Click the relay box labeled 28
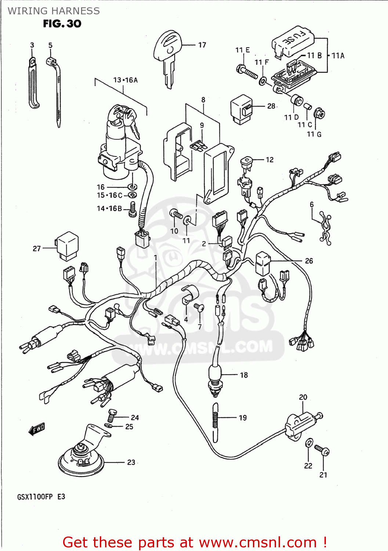pos(241,108)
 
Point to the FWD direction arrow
pos(37,429)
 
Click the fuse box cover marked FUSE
pos(293,41)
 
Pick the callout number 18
pos(244,375)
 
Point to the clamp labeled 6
pos(325,228)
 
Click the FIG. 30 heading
pos(62,24)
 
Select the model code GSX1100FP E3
pos(41,497)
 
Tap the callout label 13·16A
pos(125,80)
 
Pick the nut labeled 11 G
pos(320,114)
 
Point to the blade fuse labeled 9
pos(199,145)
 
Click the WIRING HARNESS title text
pos(54,11)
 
